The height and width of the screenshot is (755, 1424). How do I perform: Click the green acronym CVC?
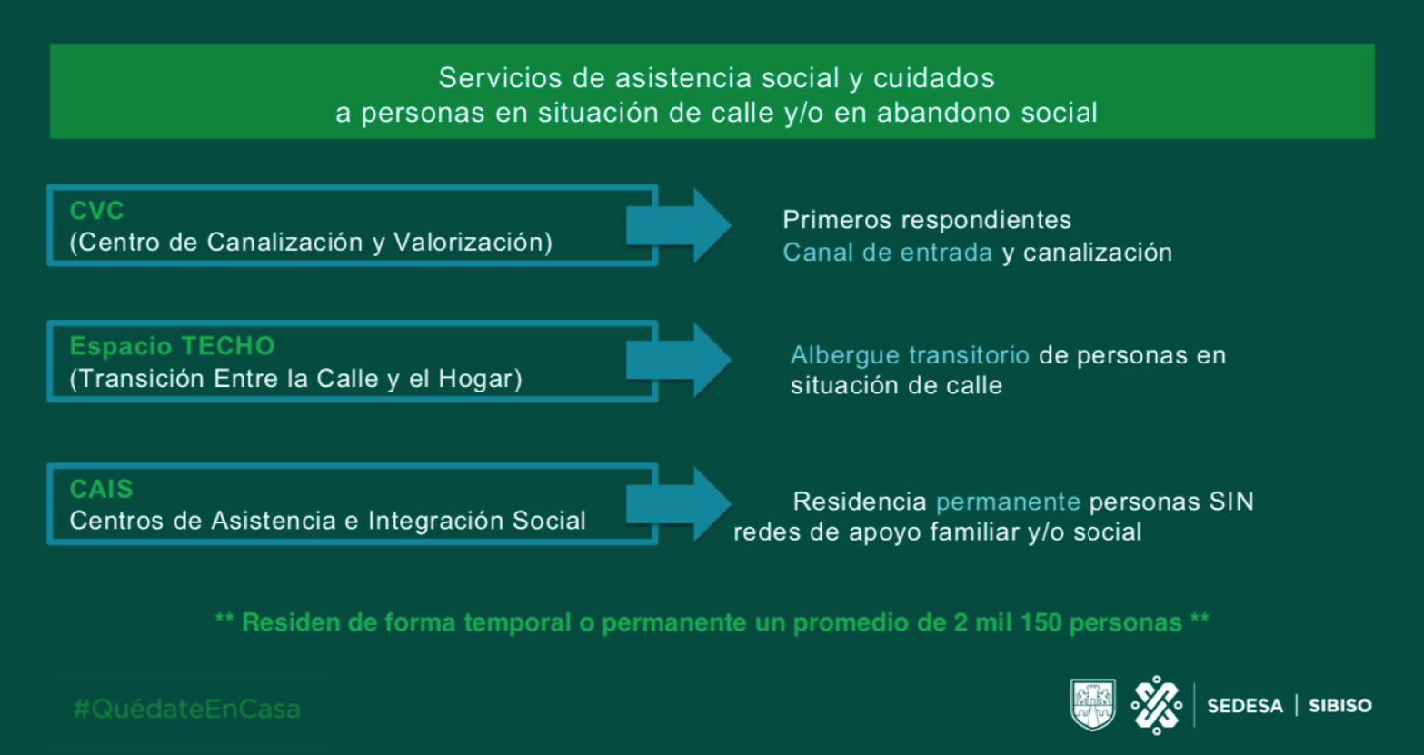click(x=96, y=211)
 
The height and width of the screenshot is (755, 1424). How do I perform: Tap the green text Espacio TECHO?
click(x=172, y=346)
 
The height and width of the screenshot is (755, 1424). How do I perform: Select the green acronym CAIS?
click(x=101, y=490)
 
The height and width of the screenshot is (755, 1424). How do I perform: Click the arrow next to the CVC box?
click(x=679, y=225)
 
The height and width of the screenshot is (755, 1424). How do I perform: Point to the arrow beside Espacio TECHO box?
click(x=679, y=361)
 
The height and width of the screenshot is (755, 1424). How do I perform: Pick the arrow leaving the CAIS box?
click(x=679, y=504)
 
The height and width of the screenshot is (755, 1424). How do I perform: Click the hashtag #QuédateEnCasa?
click(x=187, y=709)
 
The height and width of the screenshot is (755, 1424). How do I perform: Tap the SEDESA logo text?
click(x=1245, y=706)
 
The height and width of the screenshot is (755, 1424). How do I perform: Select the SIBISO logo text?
click(x=1340, y=706)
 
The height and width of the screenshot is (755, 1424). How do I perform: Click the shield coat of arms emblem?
click(x=1093, y=704)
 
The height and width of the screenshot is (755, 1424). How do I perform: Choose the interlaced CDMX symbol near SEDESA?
click(x=1156, y=705)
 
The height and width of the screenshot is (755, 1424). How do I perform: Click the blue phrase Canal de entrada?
click(x=888, y=253)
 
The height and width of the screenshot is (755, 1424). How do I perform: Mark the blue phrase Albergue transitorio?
click(x=910, y=355)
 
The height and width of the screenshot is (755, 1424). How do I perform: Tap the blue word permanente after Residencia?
click(x=1008, y=502)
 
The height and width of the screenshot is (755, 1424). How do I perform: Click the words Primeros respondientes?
click(x=927, y=220)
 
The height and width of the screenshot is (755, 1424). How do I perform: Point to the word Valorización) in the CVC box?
click(x=473, y=243)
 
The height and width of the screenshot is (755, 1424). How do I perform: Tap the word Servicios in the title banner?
click(x=501, y=78)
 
